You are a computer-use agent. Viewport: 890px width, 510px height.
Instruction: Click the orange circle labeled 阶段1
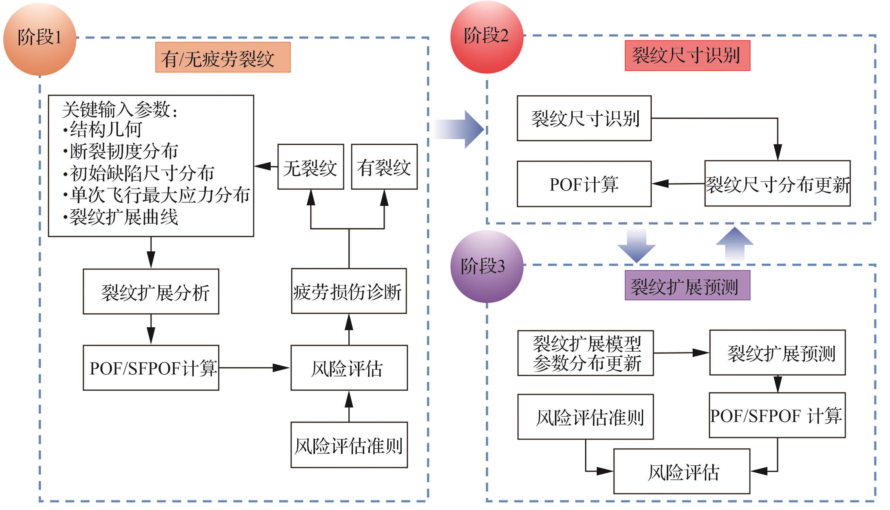pyautogui.click(x=40, y=39)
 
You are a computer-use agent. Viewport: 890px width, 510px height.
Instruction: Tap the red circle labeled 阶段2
pyautogui.click(x=487, y=37)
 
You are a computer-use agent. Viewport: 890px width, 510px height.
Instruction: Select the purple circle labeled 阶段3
pyautogui.click(x=487, y=266)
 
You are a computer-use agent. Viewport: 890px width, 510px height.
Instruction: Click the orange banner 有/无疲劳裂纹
pyautogui.click(x=223, y=57)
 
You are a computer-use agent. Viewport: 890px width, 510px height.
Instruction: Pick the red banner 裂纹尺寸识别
pyautogui.click(x=687, y=56)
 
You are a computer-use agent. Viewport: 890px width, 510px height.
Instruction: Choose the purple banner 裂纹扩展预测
pyautogui.click(x=687, y=286)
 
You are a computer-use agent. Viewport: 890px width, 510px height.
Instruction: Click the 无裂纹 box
pyautogui.click(x=311, y=167)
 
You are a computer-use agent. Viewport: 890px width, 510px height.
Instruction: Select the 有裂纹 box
pyautogui.click(x=384, y=167)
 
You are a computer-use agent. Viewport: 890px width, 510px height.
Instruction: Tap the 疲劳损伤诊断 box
pyautogui.click(x=349, y=291)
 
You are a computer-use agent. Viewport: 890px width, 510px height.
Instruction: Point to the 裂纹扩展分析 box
pyautogui.click(x=151, y=291)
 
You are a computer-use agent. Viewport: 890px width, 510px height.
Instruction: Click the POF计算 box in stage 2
pyautogui.click(x=584, y=184)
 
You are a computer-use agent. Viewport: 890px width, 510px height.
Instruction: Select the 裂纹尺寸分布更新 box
pyautogui.click(x=777, y=184)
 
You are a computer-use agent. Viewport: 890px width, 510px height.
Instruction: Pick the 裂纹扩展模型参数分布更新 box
pyautogui.click(x=585, y=353)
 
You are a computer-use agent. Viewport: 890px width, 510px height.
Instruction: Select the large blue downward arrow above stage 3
pyautogui.click(x=636, y=245)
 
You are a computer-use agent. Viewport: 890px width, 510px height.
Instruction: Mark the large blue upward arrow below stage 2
pyautogui.click(x=734, y=244)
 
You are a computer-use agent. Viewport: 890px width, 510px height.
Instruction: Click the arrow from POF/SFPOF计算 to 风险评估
pyautogui.click(x=254, y=368)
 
